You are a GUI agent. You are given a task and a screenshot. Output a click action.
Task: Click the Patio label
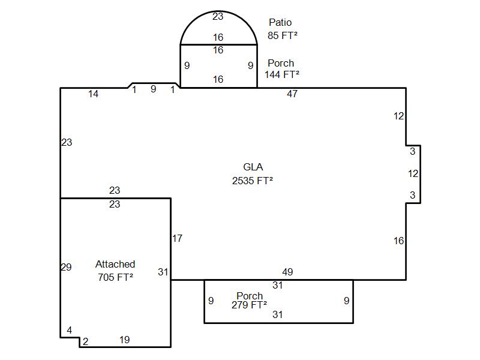[280, 22]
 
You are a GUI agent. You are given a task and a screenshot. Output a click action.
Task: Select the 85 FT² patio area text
[282, 35]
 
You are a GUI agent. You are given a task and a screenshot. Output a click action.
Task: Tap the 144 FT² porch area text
[281, 74]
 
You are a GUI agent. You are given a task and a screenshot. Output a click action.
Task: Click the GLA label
[253, 167]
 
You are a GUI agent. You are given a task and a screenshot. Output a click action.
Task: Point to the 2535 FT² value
[252, 181]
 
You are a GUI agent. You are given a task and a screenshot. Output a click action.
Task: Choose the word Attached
[115, 264]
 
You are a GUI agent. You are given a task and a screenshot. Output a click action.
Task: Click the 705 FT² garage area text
[115, 277]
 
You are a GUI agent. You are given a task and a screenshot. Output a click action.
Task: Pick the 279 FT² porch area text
[249, 305]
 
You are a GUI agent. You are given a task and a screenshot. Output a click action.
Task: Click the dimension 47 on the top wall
[292, 94]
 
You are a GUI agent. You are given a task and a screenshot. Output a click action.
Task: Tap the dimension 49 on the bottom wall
[287, 272]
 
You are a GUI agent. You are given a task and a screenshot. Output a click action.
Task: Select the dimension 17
[177, 238]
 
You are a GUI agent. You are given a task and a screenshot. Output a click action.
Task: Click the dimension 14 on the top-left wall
[94, 94]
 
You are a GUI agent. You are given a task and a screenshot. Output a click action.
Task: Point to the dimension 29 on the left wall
[66, 267]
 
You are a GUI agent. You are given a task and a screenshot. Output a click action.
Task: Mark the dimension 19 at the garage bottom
[125, 340]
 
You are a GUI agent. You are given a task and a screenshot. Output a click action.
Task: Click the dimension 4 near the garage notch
[70, 330]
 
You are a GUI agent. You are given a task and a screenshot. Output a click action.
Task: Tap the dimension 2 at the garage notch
[85, 341]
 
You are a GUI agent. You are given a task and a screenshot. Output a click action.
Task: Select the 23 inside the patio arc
[218, 16]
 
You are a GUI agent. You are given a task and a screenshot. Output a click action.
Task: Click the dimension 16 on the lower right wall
[398, 241]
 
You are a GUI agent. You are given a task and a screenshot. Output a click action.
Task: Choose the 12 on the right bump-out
[413, 173]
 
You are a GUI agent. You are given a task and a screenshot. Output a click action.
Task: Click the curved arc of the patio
[218, 11]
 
